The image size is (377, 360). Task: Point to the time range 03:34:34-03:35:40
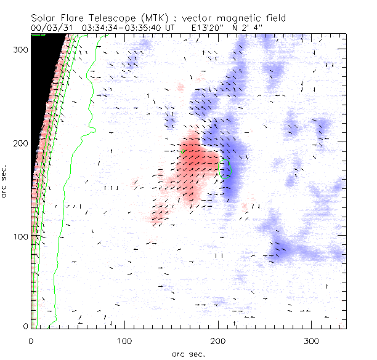[123, 28]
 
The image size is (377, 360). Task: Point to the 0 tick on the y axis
[25, 326]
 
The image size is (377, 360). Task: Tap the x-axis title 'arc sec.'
[188, 353]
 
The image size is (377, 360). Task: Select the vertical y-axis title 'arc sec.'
[6, 182]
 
